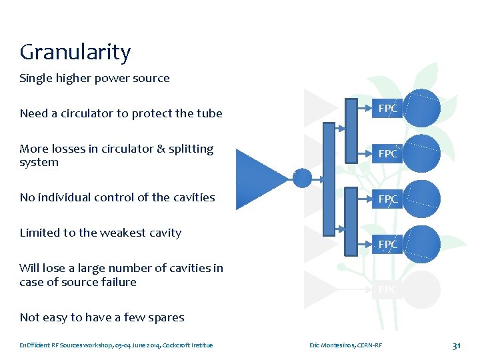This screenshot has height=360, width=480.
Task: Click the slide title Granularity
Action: pyautogui.click(x=75, y=53)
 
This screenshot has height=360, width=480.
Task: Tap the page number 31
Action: pyautogui.click(x=457, y=345)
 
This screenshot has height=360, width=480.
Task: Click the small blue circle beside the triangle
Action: pyautogui.click(x=303, y=178)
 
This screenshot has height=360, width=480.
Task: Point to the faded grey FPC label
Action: pyautogui.click(x=388, y=290)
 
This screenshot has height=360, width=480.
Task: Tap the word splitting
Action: pyautogui.click(x=191, y=149)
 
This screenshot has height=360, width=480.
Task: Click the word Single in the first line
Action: pyautogui.click(x=34, y=79)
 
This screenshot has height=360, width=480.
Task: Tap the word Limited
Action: pyautogui.click(x=40, y=233)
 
